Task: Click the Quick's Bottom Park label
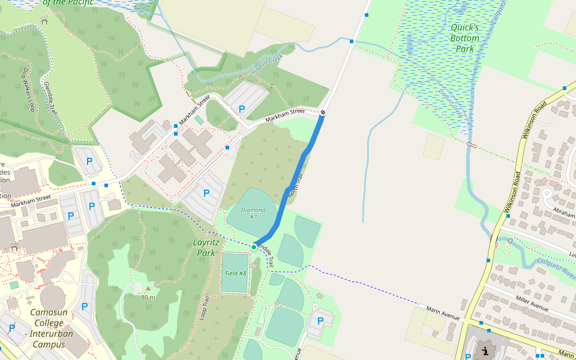464,38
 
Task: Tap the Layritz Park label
205,247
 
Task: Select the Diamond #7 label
253,213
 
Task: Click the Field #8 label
235,273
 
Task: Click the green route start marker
254,247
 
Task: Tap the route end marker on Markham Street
323,112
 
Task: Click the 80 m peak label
148,297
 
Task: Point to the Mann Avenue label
443,313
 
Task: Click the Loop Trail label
204,308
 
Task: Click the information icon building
484,352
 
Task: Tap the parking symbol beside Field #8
320,320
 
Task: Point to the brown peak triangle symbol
148,289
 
